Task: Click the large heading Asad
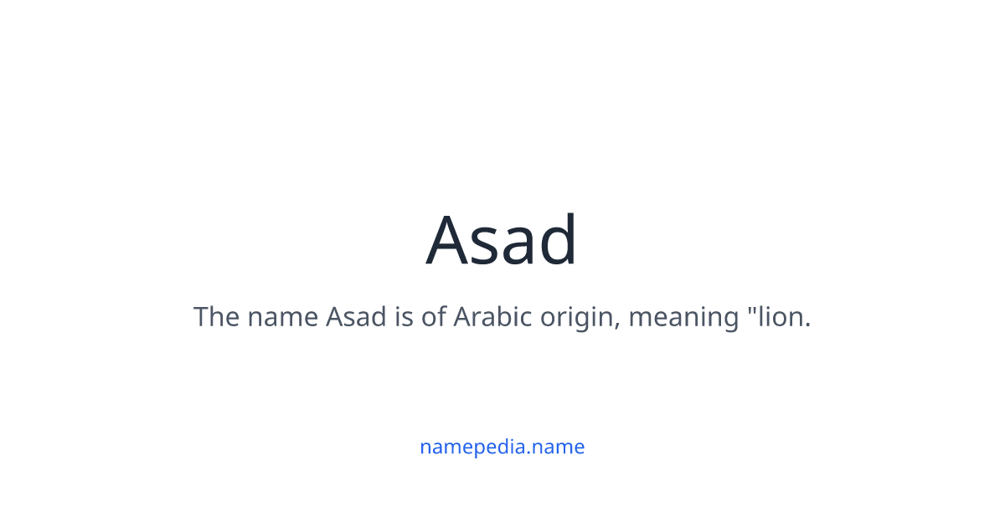tap(502, 240)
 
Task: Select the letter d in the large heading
tap(555, 241)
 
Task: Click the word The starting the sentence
tap(217, 317)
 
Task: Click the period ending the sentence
tap(807, 325)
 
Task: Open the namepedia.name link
tap(502, 447)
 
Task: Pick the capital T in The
tap(202, 317)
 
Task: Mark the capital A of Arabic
tap(462, 317)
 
